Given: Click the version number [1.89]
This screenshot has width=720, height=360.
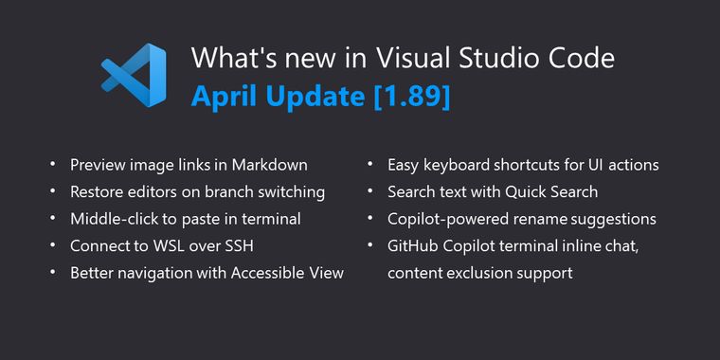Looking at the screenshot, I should click(x=414, y=95).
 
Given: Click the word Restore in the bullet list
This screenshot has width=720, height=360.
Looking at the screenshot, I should click(x=99, y=192).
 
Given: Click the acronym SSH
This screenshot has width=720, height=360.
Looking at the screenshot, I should click(x=240, y=246).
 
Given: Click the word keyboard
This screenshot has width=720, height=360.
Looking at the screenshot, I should click(x=459, y=165).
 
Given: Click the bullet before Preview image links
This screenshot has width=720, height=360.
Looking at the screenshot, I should click(x=52, y=165).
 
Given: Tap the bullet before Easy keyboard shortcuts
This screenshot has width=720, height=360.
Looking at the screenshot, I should click(x=370, y=165).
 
